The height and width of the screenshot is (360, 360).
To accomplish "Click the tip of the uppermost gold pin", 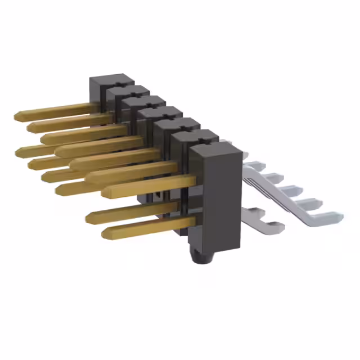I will (17, 116).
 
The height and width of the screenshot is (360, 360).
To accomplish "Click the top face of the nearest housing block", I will (215, 151).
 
